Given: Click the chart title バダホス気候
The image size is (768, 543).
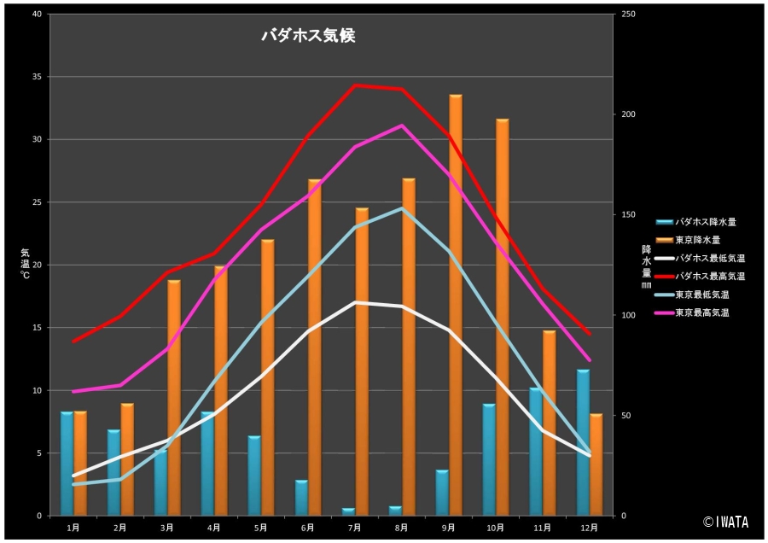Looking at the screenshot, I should [x=307, y=36].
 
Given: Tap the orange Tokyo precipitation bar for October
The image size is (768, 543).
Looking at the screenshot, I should [x=503, y=317].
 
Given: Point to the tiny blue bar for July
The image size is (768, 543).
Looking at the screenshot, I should [x=348, y=511].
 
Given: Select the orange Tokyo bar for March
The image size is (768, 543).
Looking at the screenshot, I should [x=174, y=397].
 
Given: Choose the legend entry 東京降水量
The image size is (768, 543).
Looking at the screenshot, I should [x=697, y=240].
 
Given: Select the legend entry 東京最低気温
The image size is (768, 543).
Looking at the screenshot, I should [x=701, y=295].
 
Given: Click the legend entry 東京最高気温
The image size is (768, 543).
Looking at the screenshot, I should [x=701, y=313].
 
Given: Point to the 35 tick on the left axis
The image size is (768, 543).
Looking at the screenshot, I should [x=36, y=77].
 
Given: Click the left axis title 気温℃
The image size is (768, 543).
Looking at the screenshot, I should [x=25, y=264].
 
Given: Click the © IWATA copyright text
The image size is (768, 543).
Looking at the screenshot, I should [x=725, y=522].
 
